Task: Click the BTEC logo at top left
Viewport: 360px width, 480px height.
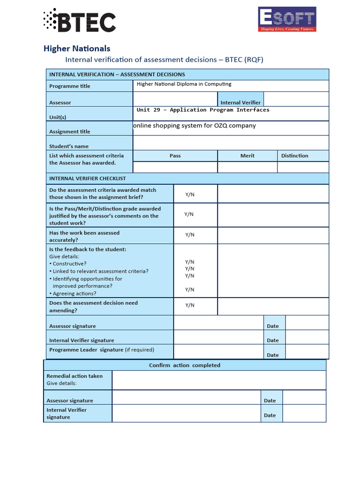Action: coord(79,21)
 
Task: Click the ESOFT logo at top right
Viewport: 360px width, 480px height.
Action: coord(287,19)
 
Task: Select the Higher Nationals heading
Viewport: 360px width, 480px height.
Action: coord(77,48)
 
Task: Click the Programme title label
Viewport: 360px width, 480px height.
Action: coord(70,86)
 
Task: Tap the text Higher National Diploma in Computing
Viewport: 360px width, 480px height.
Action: coord(184,84)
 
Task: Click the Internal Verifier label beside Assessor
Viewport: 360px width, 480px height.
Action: coord(240,103)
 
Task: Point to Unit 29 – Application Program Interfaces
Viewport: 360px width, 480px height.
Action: coord(203,110)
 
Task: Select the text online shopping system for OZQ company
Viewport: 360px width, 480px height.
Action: coord(195,126)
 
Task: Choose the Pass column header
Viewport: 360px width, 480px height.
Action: coord(175,156)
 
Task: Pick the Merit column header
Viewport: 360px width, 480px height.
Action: coord(247,156)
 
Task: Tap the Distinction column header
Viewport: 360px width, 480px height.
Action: coord(294,156)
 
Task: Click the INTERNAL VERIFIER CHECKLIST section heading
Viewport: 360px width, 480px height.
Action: coord(88,179)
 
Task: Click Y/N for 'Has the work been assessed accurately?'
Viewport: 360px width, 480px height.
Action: coord(189,235)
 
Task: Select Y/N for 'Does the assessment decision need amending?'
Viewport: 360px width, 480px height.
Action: coord(189,305)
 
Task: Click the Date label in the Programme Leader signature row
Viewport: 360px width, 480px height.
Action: coord(273,355)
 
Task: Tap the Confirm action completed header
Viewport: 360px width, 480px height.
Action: coord(185,365)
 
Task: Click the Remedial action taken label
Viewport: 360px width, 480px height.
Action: coord(75,376)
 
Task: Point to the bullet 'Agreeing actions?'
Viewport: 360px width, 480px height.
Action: coord(75,293)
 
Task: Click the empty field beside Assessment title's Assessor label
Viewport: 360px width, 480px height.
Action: coord(175,99)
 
